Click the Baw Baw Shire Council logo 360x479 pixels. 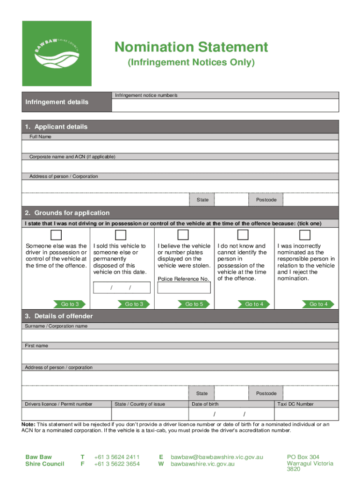click(x=57, y=53)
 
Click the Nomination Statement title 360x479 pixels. click(x=192, y=47)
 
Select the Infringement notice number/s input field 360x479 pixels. click(x=225, y=105)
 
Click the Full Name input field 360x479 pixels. click(x=180, y=146)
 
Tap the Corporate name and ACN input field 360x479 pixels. click(x=180, y=167)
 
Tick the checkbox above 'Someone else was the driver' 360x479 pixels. click(x=56, y=235)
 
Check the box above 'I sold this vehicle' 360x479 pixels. click(x=121, y=235)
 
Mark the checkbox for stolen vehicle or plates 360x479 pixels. click(x=183, y=235)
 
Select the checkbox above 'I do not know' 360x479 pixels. click(x=243, y=235)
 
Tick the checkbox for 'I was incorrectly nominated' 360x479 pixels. click(x=305, y=235)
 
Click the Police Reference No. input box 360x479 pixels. click(x=184, y=287)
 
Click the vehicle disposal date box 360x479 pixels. click(x=121, y=287)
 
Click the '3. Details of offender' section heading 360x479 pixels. click(x=59, y=316)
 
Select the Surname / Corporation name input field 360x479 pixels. click(x=180, y=335)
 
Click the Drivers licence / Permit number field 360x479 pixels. click(x=66, y=414)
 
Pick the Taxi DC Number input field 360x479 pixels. click(x=306, y=414)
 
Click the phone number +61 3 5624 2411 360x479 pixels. click(x=116, y=457)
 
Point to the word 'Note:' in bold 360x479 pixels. click(x=29, y=424)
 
